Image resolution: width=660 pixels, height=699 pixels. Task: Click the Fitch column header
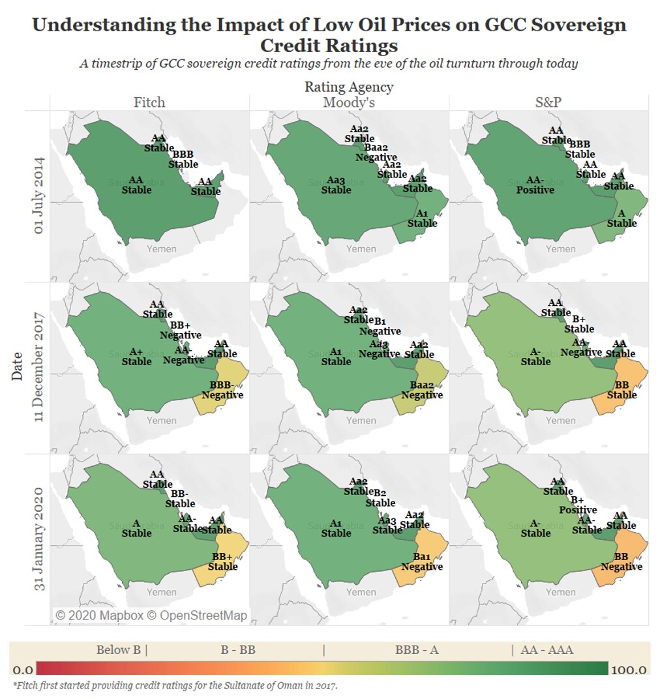pyautogui.click(x=149, y=102)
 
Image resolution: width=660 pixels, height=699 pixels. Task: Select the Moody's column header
pyautogui.click(x=348, y=102)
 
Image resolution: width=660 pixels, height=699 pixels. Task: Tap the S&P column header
pyautogui.click(x=548, y=102)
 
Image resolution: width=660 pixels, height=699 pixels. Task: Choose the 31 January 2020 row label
pyautogui.click(x=40, y=539)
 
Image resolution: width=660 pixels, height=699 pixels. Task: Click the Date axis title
pyautogui.click(x=17, y=366)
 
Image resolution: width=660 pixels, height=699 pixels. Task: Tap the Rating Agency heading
pyautogui.click(x=349, y=87)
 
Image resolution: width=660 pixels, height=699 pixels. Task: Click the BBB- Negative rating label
pyautogui.click(x=222, y=390)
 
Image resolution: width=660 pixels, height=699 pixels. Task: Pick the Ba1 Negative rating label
pyautogui.click(x=422, y=561)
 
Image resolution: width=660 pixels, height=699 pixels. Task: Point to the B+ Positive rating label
pyautogui.click(x=578, y=505)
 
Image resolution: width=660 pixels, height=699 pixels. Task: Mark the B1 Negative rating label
pyautogui.click(x=381, y=326)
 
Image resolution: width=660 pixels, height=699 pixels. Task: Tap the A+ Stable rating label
pyautogui.click(x=136, y=357)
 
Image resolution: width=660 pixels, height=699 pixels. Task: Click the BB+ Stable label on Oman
pyautogui.click(x=222, y=561)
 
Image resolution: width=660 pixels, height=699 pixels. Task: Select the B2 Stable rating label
pyautogui.click(x=380, y=498)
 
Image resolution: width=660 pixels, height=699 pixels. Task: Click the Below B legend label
pyautogui.click(x=121, y=649)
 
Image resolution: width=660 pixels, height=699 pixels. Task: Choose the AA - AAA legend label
pyautogui.click(x=547, y=649)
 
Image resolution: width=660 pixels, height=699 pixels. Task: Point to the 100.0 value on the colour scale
pyautogui.click(x=629, y=670)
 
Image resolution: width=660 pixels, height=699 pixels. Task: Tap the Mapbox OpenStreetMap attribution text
pyautogui.click(x=151, y=615)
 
